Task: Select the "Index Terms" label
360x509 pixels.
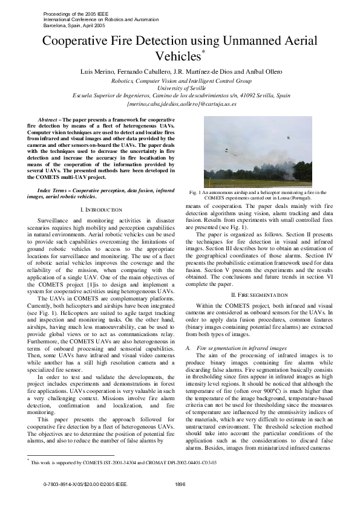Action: pos(51,190)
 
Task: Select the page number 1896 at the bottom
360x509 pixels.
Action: pos(180,501)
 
